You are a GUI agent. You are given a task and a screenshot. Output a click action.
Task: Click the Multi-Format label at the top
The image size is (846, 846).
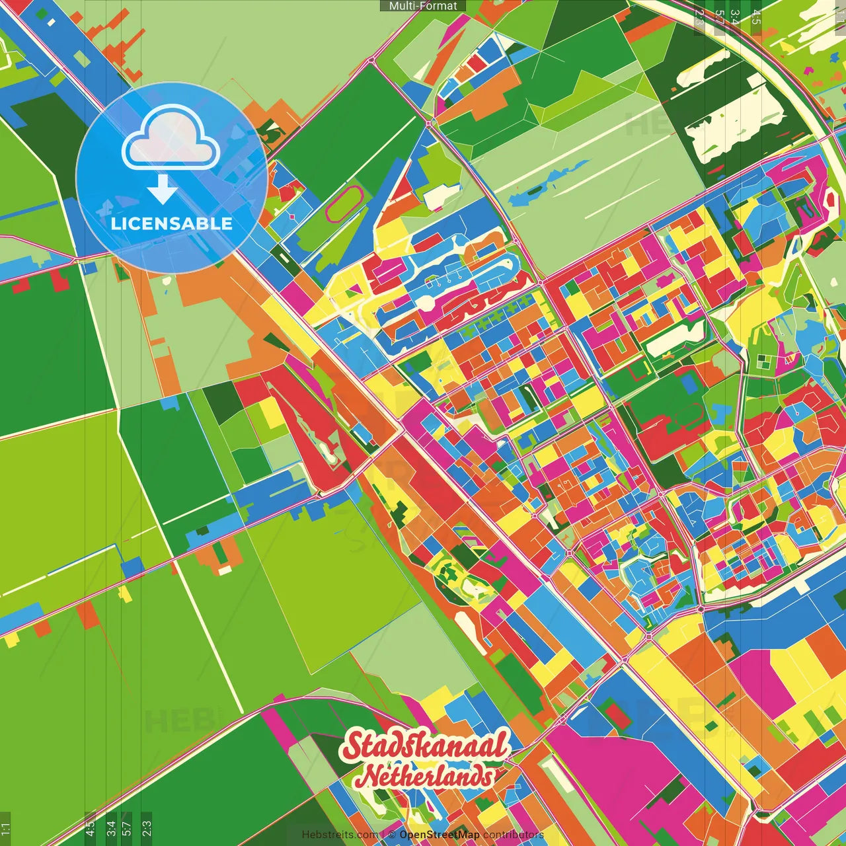click(423, 6)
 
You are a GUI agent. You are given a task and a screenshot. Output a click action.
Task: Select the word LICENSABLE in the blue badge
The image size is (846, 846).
click(171, 223)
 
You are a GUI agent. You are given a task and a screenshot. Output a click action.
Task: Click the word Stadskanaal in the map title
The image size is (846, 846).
click(426, 747)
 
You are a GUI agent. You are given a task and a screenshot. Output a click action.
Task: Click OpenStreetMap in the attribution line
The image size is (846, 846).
click(440, 835)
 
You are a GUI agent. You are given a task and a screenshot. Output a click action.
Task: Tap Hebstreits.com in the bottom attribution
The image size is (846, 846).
click(340, 835)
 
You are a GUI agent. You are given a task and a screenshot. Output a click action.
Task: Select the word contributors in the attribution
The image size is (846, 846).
click(514, 835)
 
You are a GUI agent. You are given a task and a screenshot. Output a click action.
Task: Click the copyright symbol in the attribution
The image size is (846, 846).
click(391, 835)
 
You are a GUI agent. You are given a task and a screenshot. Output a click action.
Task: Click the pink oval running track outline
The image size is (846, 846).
click(344, 204)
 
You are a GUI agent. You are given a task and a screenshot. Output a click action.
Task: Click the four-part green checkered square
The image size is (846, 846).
click(765, 361)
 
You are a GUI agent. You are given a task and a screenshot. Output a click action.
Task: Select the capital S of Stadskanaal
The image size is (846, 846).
click(356, 747)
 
